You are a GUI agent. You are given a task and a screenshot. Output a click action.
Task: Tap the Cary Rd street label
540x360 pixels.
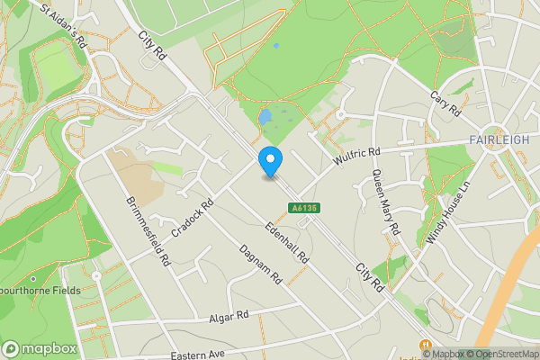pos(445,108)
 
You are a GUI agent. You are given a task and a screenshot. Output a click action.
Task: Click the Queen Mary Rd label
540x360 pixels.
pos(385,202)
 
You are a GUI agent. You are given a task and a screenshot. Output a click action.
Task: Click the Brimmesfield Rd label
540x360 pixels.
pos(149,230)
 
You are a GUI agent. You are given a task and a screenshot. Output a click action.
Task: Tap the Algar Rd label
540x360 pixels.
pos(229,317)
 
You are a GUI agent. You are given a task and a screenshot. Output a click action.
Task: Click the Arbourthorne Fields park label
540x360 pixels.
pos(40,291)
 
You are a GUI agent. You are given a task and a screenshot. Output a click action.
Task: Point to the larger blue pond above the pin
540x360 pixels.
pos(265,118)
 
